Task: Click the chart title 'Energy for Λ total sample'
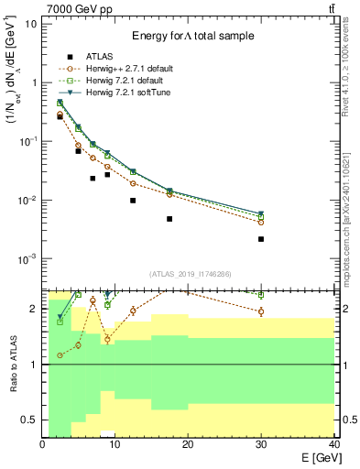pyautogui.click(x=191, y=36)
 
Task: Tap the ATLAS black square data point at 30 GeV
pyautogui.click(x=261, y=239)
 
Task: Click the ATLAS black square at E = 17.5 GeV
pyautogui.click(x=169, y=219)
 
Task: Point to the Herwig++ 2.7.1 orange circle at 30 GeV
pyautogui.click(x=261, y=222)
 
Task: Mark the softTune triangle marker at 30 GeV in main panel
pyautogui.click(x=261, y=214)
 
